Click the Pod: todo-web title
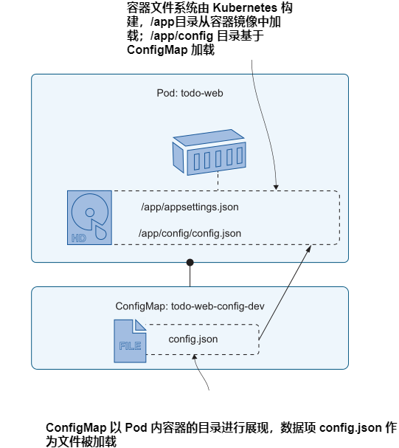click(x=190, y=94)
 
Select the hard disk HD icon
click(x=90, y=218)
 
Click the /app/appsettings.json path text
click(x=190, y=207)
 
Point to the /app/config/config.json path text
click(x=190, y=233)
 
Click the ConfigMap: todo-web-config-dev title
click(x=190, y=306)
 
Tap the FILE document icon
click(x=129, y=341)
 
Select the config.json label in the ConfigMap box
click(x=192, y=339)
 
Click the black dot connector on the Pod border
click(x=190, y=262)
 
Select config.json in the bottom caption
click(x=353, y=428)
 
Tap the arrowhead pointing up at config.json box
click(x=194, y=357)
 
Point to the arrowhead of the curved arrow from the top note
click(x=277, y=188)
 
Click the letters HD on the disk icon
click(x=78, y=238)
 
